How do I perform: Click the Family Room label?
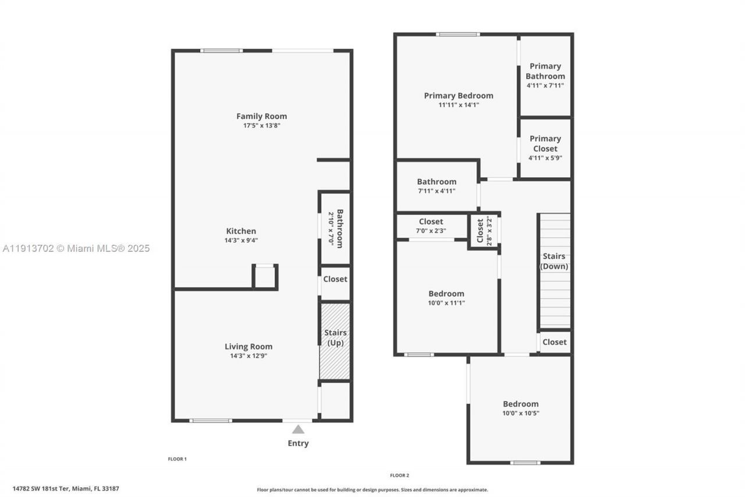tap(261, 116)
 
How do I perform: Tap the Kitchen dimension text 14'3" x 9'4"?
tap(240, 240)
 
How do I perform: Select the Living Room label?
tap(249, 346)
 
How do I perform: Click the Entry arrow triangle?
tap(298, 429)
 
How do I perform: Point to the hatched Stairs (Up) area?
tap(335, 341)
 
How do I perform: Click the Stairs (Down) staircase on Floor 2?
tap(555, 271)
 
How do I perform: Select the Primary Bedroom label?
tap(458, 96)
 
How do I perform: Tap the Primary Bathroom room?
tap(545, 75)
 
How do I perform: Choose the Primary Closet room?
tap(545, 147)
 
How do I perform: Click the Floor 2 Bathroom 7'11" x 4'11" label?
tap(437, 186)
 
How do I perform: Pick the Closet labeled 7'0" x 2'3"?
tap(431, 225)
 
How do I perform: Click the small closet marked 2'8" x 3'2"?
tap(484, 231)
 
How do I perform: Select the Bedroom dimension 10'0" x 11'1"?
tap(446, 303)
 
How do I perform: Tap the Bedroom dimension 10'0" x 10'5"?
tap(520, 413)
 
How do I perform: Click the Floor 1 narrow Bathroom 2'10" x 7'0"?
tap(335, 228)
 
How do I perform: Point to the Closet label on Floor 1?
tap(335, 279)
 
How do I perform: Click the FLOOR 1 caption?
tap(177, 459)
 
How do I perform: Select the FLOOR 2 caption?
tap(399, 475)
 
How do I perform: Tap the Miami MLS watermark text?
tap(76, 248)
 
